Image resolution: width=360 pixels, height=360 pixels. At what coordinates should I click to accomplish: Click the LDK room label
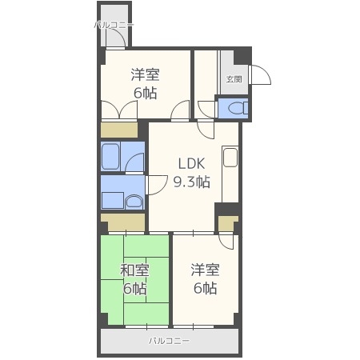(x=193, y=164)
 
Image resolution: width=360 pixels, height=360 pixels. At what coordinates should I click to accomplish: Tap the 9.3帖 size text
(x=193, y=182)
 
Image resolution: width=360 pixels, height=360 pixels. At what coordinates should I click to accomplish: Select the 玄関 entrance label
(x=233, y=78)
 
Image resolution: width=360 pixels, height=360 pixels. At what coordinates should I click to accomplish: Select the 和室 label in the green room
(x=134, y=270)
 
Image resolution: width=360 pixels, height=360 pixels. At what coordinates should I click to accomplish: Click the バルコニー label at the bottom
(x=169, y=341)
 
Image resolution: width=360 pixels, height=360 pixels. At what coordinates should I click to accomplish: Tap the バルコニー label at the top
(x=114, y=25)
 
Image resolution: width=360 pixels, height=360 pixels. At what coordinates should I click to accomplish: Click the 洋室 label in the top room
(x=145, y=75)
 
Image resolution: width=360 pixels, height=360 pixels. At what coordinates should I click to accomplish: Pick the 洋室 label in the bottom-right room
(x=205, y=270)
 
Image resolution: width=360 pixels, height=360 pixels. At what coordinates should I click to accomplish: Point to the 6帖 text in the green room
(x=134, y=289)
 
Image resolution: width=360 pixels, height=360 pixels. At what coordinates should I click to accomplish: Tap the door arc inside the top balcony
(x=126, y=38)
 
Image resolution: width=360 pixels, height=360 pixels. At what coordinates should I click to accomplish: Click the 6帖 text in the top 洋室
(x=145, y=93)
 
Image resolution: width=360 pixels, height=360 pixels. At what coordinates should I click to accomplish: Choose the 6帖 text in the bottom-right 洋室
(x=205, y=289)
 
